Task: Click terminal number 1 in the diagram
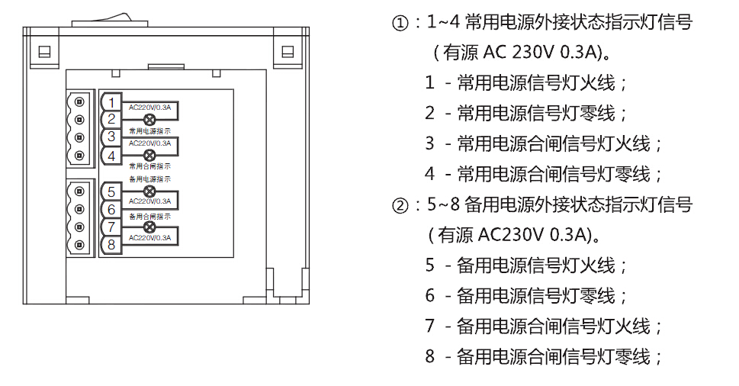click(x=111, y=102)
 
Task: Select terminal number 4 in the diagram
click(x=111, y=156)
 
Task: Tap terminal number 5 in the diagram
click(x=111, y=191)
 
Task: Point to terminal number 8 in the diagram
click(x=111, y=245)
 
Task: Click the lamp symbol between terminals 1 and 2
click(x=149, y=119)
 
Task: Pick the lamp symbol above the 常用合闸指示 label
click(x=149, y=155)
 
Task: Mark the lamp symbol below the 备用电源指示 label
click(x=149, y=191)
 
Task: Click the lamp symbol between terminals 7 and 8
click(x=149, y=227)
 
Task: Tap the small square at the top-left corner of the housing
click(x=44, y=52)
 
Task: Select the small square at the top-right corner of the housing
click(x=288, y=52)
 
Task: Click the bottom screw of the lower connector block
click(x=78, y=245)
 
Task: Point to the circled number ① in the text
click(x=400, y=23)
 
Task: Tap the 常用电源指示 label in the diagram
click(x=149, y=131)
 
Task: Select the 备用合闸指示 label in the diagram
click(x=149, y=216)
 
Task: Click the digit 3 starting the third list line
click(x=429, y=143)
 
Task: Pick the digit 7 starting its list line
click(x=429, y=326)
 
